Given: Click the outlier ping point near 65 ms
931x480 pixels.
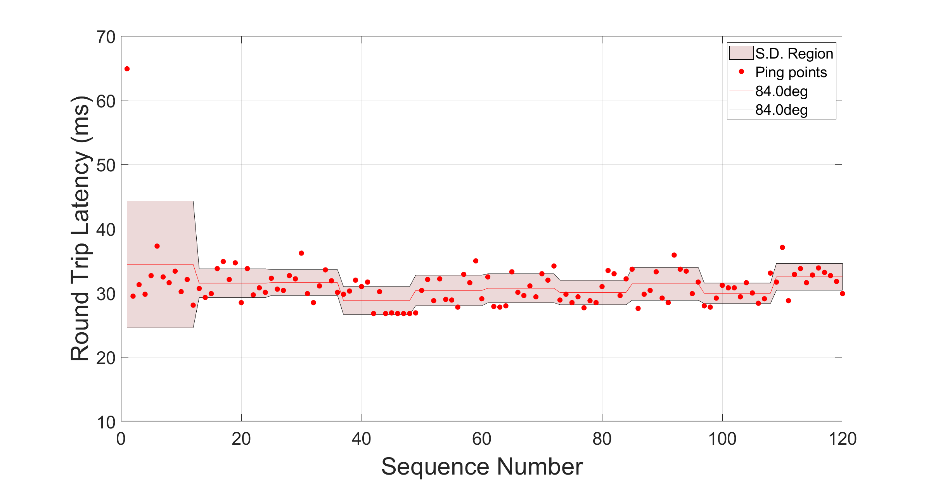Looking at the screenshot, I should click(x=127, y=69).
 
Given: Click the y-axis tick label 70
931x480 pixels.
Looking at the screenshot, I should click(x=106, y=37).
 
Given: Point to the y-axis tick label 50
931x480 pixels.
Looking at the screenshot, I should click(x=106, y=166).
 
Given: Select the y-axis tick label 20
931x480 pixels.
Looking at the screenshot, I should click(x=106, y=358).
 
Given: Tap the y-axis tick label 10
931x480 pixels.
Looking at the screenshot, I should click(x=106, y=422).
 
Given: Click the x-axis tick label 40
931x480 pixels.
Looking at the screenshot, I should click(x=362, y=439).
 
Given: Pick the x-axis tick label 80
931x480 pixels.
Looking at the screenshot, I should click(x=602, y=439).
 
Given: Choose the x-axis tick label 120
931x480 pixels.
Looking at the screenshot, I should click(x=842, y=439).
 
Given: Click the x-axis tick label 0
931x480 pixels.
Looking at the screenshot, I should click(x=121, y=439).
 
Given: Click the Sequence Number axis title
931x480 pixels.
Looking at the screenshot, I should click(x=482, y=466).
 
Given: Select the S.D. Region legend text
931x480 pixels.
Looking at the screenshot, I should click(x=794, y=54).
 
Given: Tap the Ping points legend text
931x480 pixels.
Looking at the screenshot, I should click(x=791, y=72).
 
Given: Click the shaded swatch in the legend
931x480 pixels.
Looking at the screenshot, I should click(x=741, y=53).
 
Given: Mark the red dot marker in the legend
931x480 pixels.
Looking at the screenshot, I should click(x=741, y=72).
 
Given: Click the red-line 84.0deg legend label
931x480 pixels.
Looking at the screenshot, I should click(x=781, y=91).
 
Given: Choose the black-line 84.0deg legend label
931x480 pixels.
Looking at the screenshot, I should click(x=781, y=110).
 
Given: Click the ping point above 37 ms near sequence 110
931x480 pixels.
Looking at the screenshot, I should click(x=782, y=247).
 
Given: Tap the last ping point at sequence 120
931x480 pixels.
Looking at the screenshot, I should click(x=842, y=294).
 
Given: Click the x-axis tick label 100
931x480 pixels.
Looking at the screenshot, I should click(x=722, y=439).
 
